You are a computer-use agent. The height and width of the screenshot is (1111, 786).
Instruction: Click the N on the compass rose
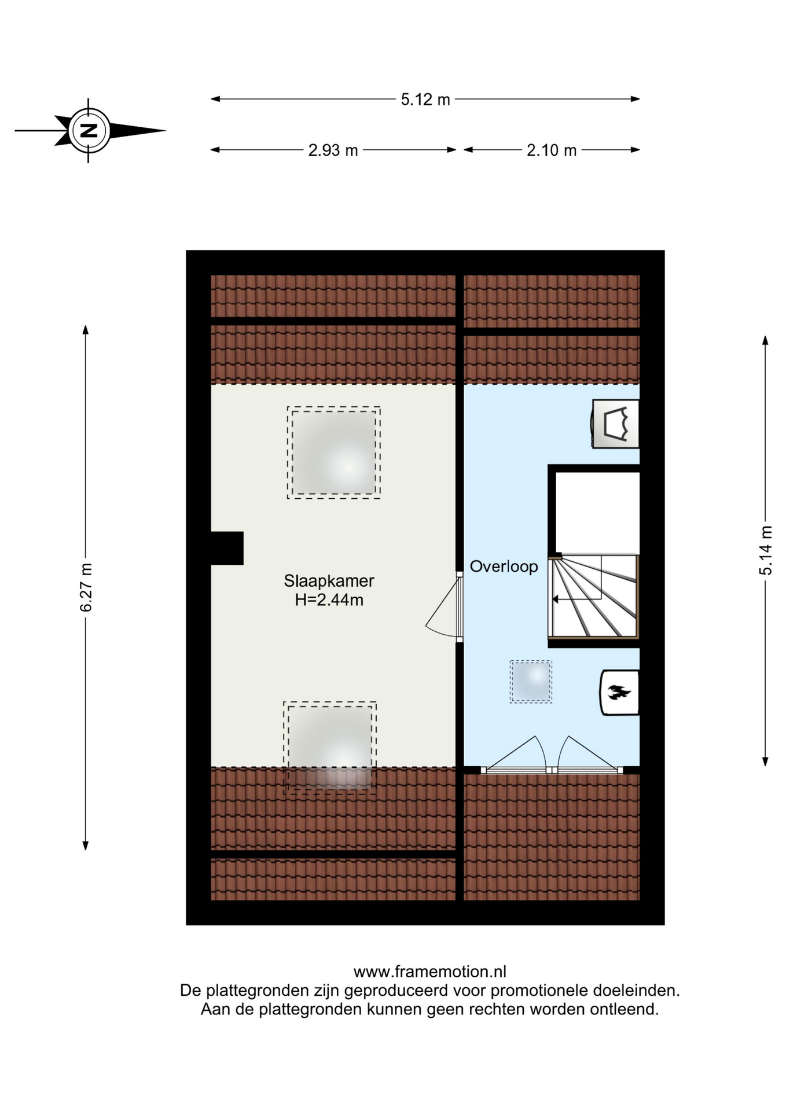pos(89,131)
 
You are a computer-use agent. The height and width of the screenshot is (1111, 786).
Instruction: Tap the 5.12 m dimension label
pos(425,100)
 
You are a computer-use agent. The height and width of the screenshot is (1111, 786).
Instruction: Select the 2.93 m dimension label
pos(333,150)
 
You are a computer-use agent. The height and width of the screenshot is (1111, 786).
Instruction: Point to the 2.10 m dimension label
pos(552,150)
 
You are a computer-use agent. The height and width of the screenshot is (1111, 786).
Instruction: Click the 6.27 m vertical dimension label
pos(86,587)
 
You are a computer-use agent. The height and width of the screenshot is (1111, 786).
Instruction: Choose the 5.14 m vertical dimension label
pos(766,550)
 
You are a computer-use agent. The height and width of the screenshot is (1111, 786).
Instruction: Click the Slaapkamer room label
pos(329,580)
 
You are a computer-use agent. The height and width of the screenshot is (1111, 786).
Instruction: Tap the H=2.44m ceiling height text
pos(329,600)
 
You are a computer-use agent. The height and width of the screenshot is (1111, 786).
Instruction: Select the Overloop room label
pos(504,566)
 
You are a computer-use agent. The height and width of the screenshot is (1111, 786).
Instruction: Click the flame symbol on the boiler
pos(619,692)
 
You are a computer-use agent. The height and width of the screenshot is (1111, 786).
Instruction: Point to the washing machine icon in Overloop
pos(615,424)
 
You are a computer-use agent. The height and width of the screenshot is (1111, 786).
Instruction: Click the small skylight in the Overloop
pos(531,682)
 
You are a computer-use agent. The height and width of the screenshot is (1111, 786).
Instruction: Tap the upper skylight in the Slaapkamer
pos(334,453)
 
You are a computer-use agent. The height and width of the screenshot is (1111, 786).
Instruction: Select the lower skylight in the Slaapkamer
pos(330,747)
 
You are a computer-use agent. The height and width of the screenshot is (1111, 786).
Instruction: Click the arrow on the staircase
pos(578,599)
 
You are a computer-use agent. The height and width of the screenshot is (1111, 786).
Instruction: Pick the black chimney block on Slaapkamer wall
pos(227,548)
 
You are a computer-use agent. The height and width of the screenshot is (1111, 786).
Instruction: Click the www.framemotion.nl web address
pos(429,972)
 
